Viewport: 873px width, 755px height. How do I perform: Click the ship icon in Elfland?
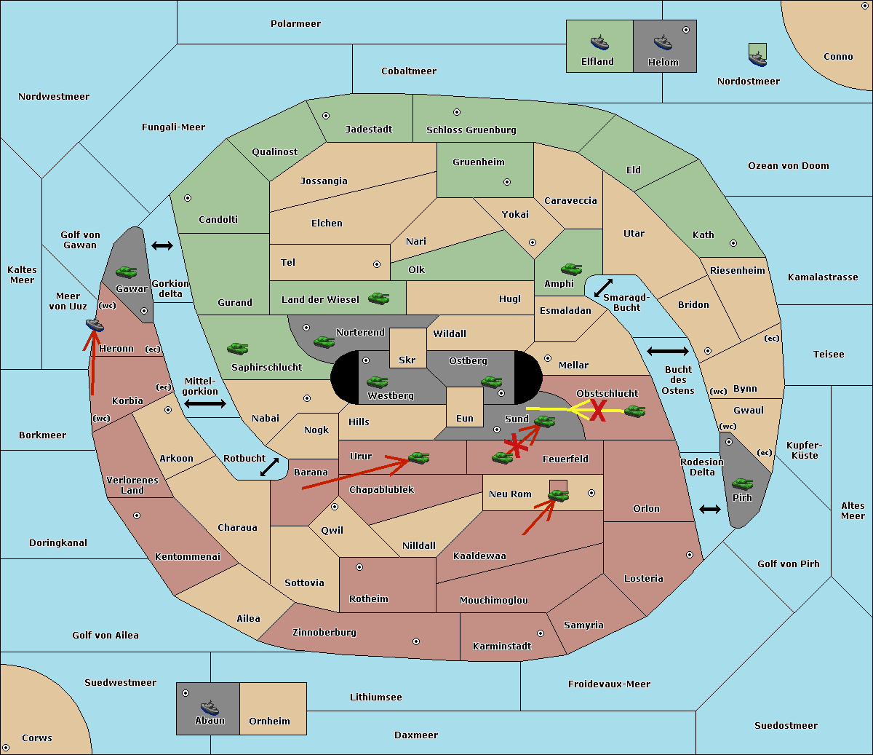(599, 42)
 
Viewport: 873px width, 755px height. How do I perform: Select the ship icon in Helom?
(663, 42)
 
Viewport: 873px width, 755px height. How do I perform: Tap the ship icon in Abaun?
(210, 707)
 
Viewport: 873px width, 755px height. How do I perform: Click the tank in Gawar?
(127, 272)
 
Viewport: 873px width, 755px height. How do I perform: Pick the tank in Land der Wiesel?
(378, 298)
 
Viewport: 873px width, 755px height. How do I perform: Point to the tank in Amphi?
(571, 269)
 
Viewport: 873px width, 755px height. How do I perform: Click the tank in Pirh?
(742, 483)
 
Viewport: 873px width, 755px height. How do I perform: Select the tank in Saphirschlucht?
(237, 348)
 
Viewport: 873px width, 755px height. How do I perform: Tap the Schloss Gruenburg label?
(471, 130)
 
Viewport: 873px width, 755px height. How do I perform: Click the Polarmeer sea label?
(295, 24)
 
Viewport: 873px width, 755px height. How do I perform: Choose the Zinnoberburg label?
(324, 633)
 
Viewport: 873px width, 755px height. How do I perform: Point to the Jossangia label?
(324, 181)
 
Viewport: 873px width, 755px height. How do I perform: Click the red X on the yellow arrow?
(598, 411)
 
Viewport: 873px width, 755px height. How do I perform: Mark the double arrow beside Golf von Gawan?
(162, 245)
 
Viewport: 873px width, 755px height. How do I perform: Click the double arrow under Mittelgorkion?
(205, 404)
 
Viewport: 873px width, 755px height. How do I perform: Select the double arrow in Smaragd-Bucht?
(603, 288)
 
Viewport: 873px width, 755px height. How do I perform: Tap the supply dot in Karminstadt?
(541, 633)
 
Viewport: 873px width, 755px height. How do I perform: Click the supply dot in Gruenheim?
(507, 182)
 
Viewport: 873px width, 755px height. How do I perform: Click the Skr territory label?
(407, 360)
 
